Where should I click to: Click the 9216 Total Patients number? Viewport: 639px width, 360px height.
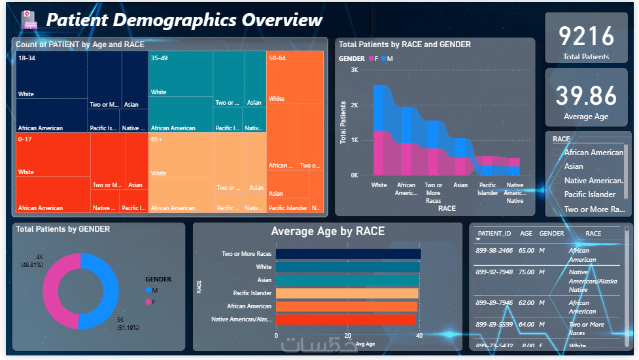click(x=586, y=36)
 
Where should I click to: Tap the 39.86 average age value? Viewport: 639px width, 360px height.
click(x=586, y=96)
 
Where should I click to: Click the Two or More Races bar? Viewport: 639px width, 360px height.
click(x=348, y=254)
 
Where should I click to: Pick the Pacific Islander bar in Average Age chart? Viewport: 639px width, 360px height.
click(x=347, y=293)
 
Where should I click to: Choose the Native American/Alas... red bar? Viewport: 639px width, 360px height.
click(x=346, y=319)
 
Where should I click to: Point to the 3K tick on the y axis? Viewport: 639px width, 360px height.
click(x=354, y=70)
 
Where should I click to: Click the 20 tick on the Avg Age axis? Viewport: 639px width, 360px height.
click(x=348, y=334)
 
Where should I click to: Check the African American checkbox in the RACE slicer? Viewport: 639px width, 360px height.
click(x=557, y=152)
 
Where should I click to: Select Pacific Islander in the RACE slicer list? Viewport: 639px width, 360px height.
click(x=589, y=194)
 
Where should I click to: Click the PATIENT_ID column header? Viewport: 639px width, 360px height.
click(x=494, y=234)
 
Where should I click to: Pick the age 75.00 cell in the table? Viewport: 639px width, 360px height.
click(x=527, y=272)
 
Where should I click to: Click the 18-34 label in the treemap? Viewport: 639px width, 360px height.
click(x=27, y=58)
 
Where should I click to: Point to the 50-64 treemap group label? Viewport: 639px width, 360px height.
click(x=277, y=58)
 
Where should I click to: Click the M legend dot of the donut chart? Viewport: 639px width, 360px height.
click(x=148, y=290)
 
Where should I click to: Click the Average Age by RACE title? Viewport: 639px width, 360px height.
click(x=328, y=231)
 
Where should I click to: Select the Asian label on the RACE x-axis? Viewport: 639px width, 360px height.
click(x=460, y=185)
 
